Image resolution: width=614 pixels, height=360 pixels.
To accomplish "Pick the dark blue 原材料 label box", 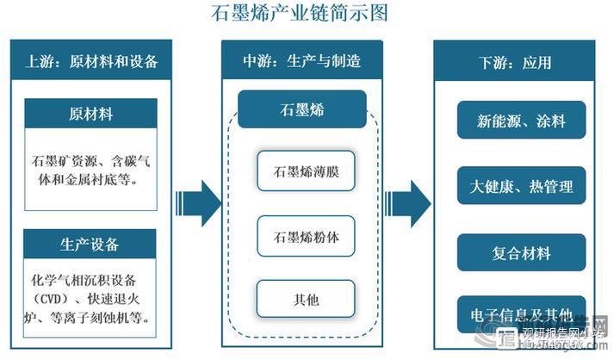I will click(90, 114).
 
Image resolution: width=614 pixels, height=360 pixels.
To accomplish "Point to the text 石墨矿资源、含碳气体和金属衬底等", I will click(93, 170).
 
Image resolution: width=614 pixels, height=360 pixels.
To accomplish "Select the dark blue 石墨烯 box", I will click(301, 109).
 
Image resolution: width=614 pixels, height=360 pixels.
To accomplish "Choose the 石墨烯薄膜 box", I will click(306, 171).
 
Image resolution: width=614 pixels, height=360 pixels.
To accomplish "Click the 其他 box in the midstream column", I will click(306, 300).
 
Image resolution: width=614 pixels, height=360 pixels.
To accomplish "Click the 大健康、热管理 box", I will click(522, 186).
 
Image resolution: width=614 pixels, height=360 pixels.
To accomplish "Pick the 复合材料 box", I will click(522, 253).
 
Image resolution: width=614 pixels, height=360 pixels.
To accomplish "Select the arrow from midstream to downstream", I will click(408, 203).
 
